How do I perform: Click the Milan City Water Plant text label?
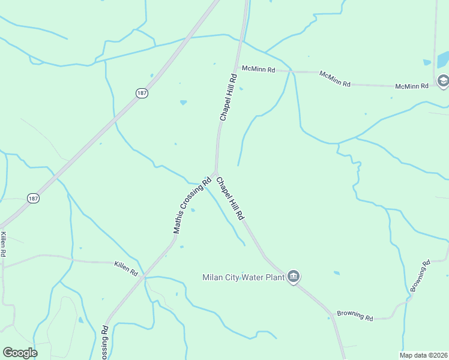point(243,277)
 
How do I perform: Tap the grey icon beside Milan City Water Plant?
point(294,276)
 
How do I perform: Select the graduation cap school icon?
point(443,81)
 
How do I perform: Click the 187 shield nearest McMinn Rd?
point(142,93)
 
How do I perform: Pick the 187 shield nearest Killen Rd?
point(33,198)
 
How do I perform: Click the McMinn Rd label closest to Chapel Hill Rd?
point(258,70)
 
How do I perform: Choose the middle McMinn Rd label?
point(335,79)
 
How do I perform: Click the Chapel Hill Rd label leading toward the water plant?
point(231,197)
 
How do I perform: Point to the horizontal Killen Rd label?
point(126,268)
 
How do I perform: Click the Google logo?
point(20,353)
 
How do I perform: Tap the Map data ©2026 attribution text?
point(423,355)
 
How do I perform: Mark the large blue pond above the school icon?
point(443,59)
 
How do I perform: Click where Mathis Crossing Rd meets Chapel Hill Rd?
point(215,172)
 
